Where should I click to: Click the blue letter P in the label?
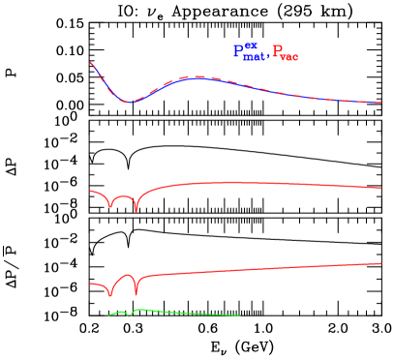point(238,52)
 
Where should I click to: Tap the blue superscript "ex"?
point(250,45)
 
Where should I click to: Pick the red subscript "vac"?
point(289,58)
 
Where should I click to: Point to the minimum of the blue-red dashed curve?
point(129,103)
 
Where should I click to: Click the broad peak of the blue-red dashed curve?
point(198,76)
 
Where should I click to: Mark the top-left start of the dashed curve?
point(90,62)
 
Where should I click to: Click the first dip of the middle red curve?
point(111,206)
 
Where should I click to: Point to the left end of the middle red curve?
point(90,192)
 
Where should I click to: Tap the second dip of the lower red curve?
point(136,294)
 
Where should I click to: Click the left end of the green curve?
point(108,315)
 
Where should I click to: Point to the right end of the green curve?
point(239,315)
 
